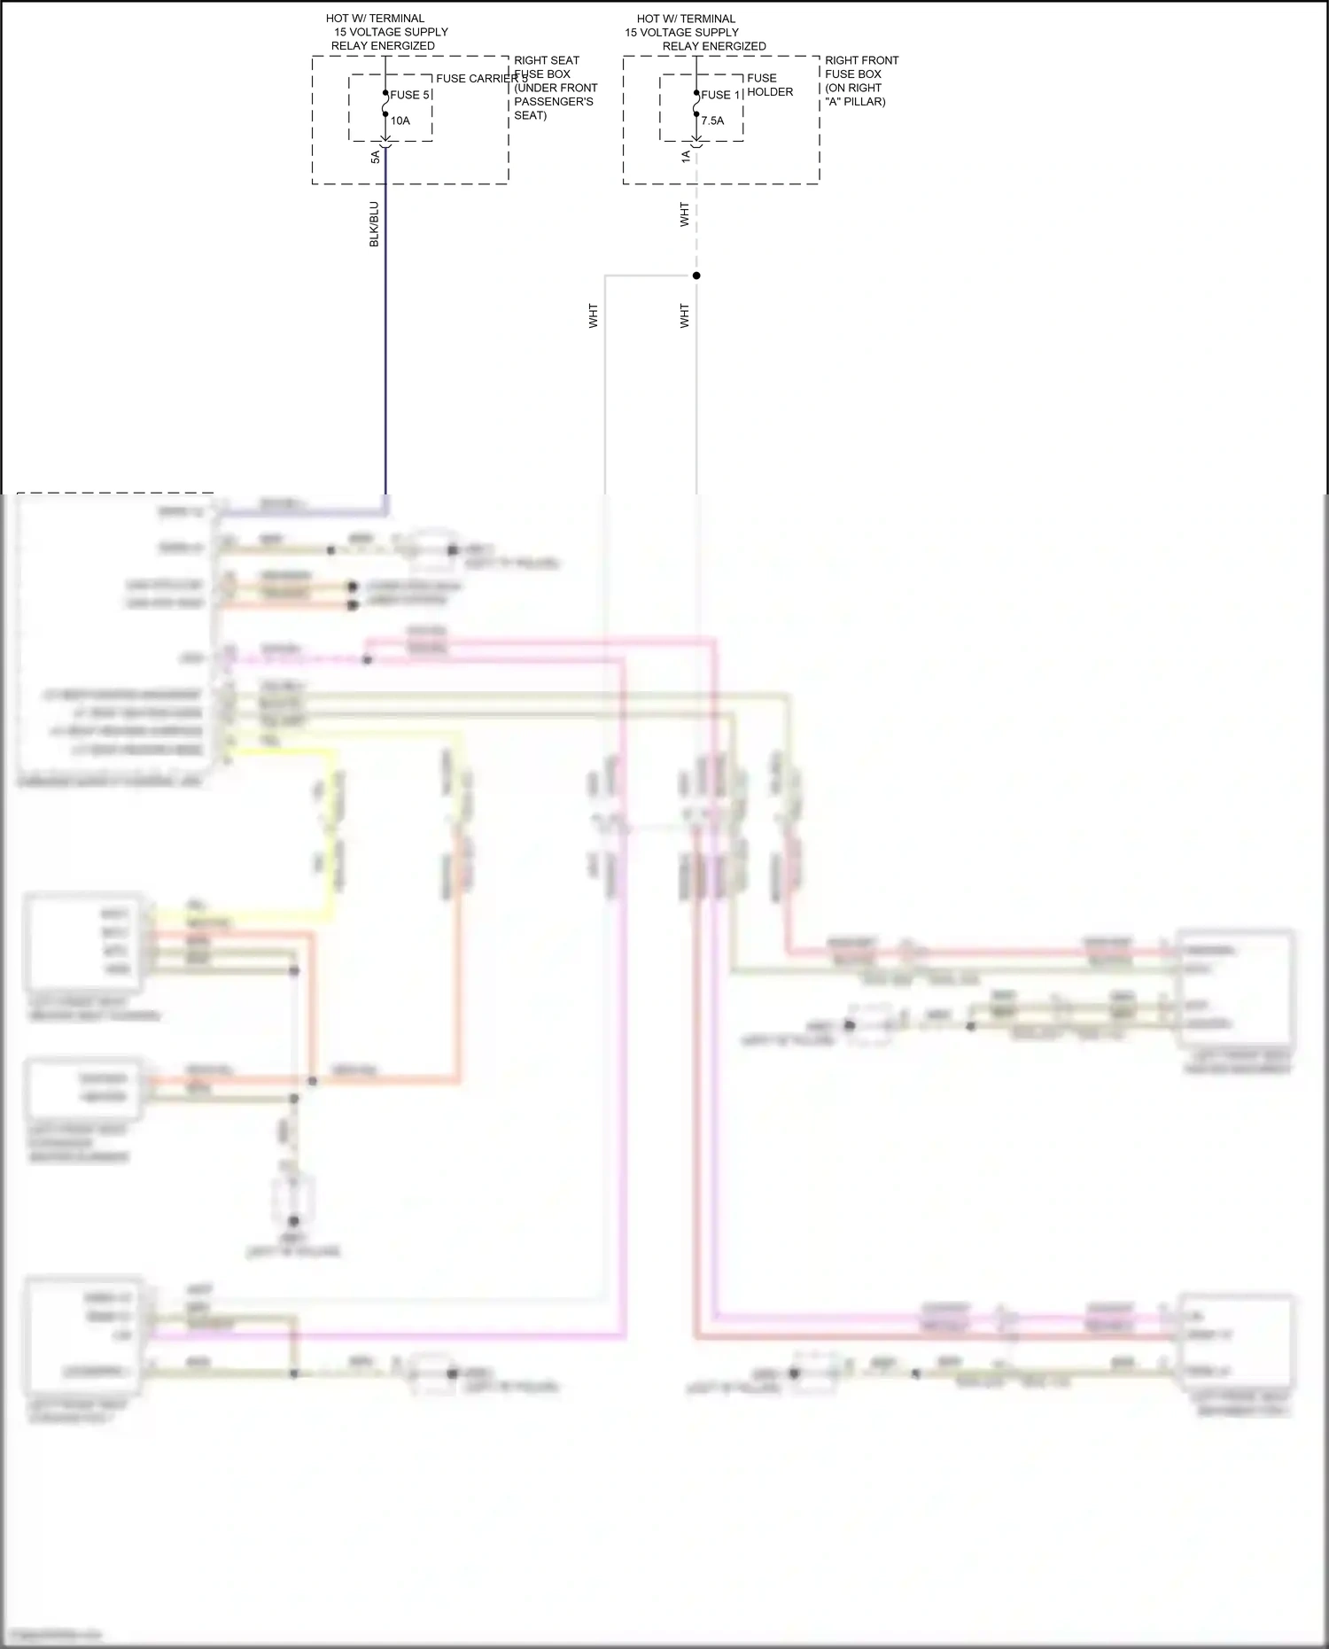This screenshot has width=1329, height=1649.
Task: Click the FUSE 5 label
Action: [409, 95]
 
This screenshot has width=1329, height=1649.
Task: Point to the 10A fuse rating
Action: [400, 121]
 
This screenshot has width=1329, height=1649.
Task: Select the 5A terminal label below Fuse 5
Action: [375, 157]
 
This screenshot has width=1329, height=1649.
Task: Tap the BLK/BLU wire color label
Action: [374, 224]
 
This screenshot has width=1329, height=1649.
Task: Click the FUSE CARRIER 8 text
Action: [481, 78]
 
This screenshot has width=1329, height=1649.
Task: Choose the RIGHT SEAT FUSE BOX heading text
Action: [546, 67]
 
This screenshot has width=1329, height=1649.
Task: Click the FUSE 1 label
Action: [720, 95]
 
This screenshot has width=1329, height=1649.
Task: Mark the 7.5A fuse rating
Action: [712, 121]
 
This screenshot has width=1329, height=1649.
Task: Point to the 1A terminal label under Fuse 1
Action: [685, 157]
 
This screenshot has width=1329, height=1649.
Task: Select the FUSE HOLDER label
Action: [769, 85]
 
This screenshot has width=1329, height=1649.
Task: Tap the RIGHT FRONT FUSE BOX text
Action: [860, 67]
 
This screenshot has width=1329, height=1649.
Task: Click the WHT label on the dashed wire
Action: [684, 214]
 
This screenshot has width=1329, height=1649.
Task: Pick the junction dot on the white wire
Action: [696, 276]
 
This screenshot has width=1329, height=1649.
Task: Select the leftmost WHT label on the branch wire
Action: [593, 316]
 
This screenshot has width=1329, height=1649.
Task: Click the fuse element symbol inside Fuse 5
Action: [385, 105]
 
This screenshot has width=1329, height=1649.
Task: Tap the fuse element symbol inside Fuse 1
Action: [696, 105]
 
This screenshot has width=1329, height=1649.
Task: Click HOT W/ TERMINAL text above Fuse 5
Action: [375, 18]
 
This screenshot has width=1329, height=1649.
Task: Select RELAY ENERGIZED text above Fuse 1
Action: [714, 46]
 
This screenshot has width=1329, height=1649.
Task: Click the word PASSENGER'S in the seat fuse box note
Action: [553, 102]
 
